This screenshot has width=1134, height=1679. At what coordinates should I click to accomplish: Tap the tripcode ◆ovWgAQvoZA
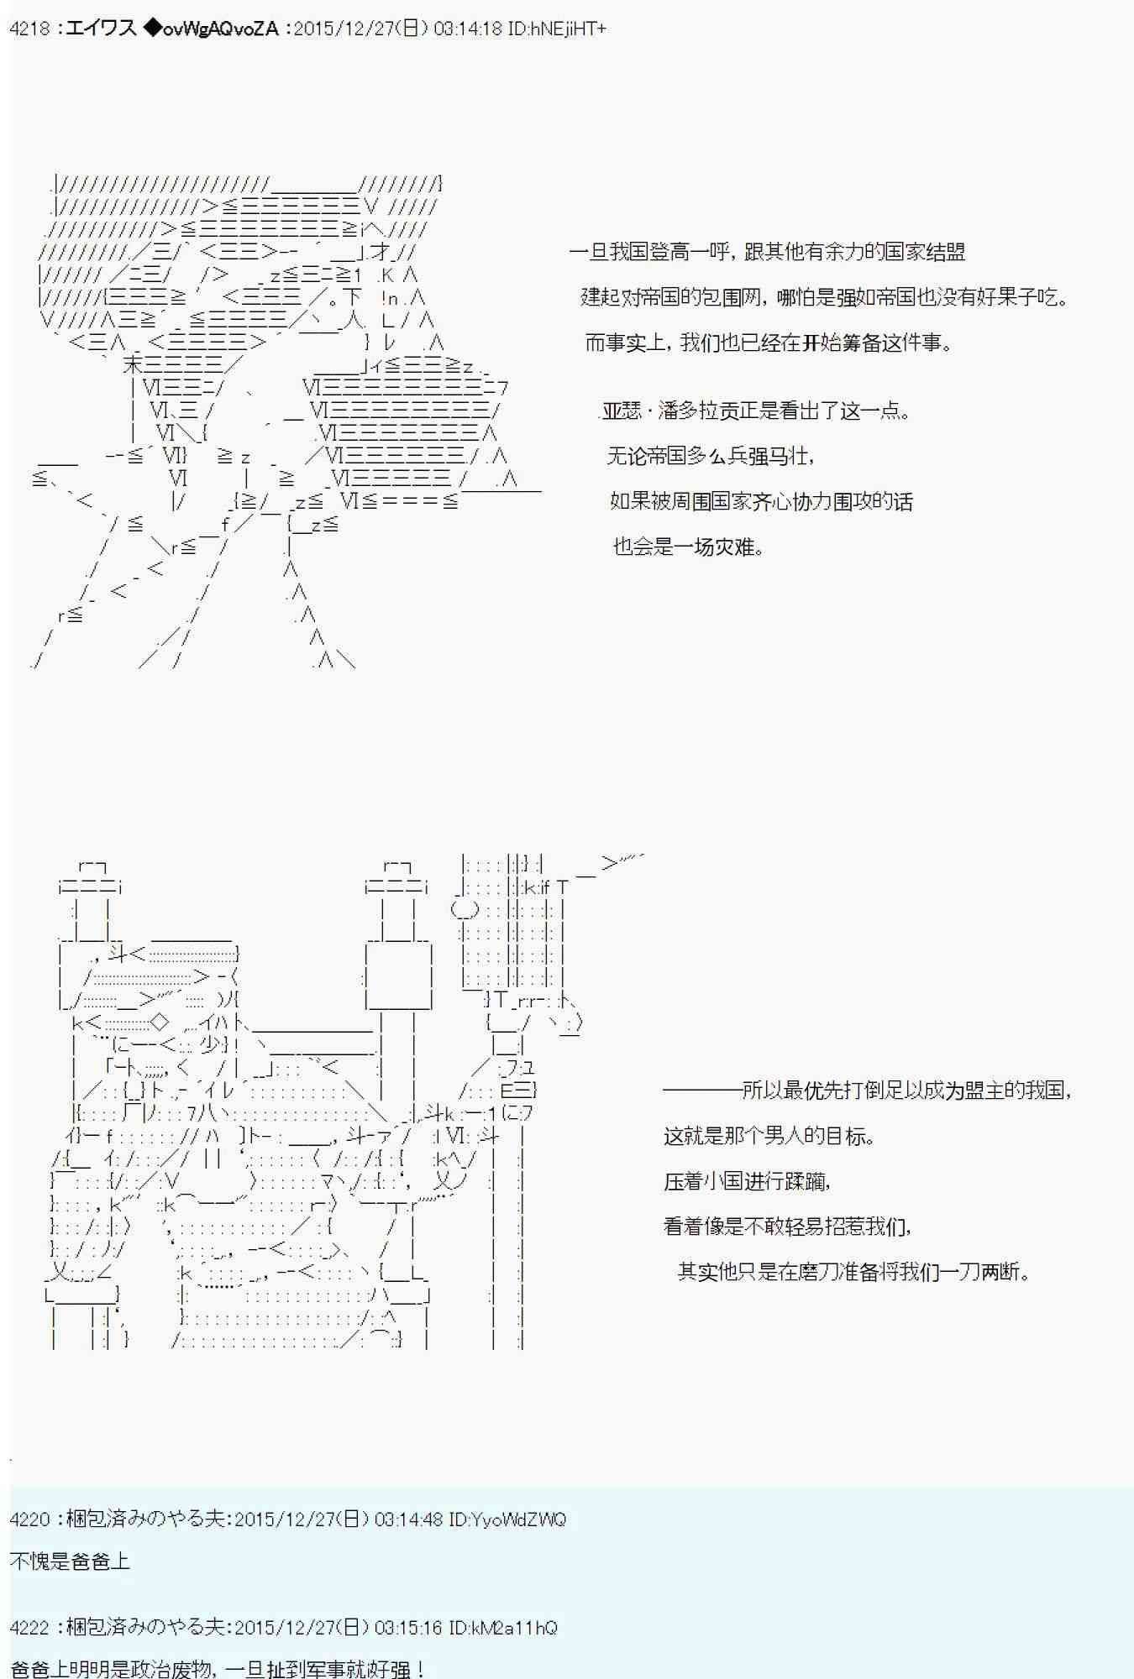[210, 29]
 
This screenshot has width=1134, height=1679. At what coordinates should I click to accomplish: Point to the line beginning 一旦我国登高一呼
[766, 252]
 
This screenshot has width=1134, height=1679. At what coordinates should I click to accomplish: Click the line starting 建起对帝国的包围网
[823, 297]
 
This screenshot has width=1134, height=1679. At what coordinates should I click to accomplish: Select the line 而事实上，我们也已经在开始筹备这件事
[768, 343]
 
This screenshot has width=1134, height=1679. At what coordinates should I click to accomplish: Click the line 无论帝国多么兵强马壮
[711, 457]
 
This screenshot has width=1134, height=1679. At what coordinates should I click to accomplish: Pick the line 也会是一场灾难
[689, 547]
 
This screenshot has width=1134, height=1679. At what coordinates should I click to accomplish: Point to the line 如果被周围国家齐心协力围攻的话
[761, 502]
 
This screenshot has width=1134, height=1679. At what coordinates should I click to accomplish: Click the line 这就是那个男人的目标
[769, 1137]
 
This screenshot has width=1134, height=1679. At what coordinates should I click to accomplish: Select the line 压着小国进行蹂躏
[747, 1182]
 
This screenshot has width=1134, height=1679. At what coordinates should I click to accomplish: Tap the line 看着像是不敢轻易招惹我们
[787, 1227]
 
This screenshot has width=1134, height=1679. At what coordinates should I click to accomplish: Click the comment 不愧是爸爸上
[71, 1561]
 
